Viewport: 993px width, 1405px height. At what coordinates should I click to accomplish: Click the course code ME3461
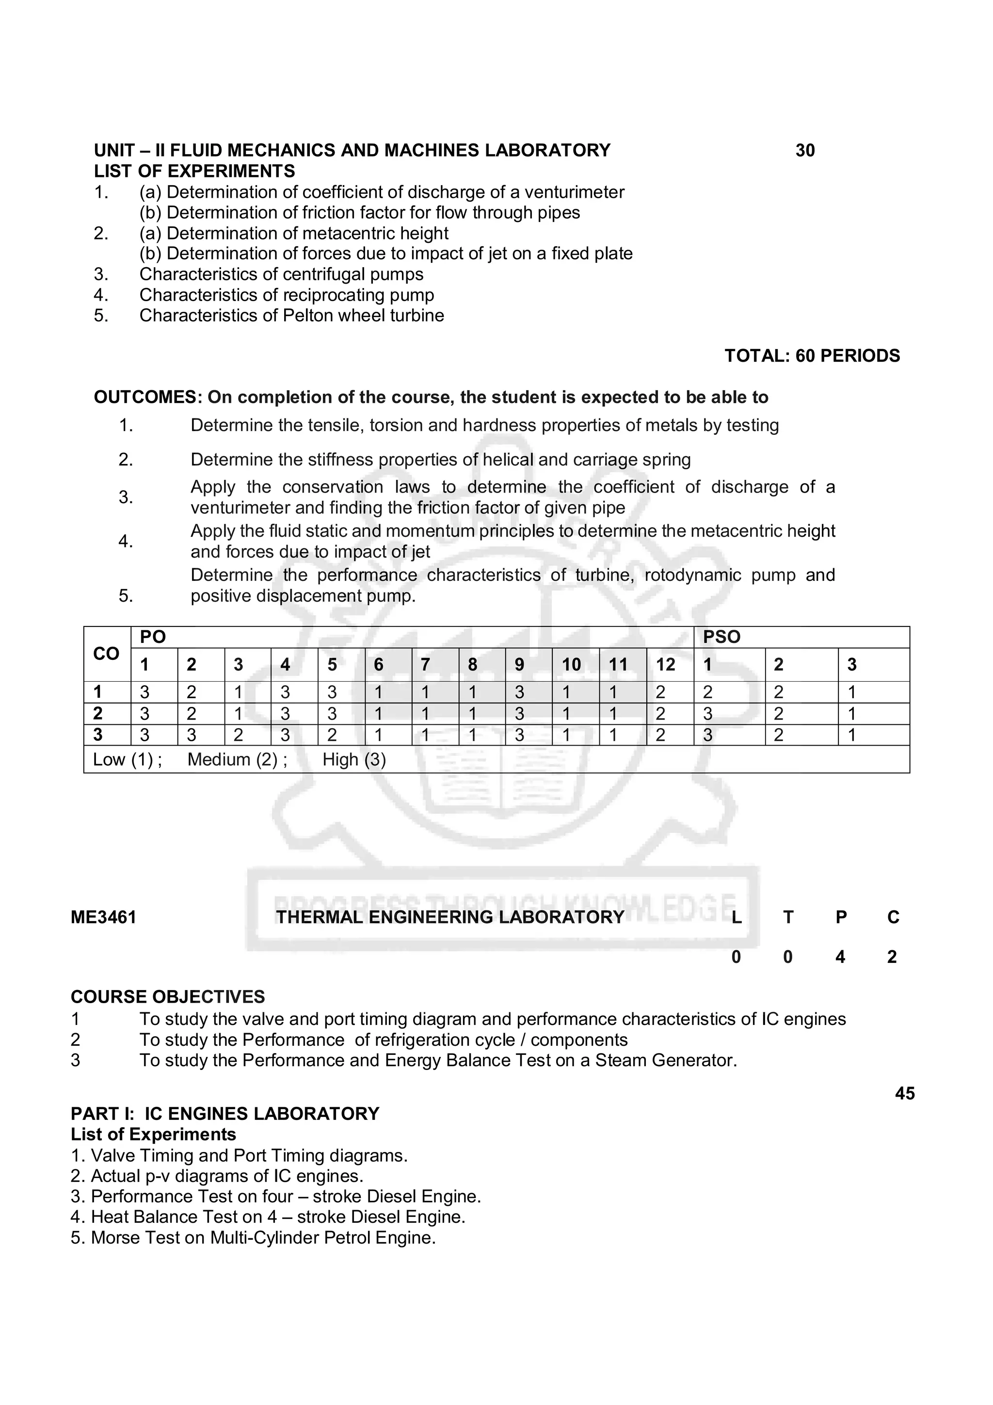click(x=103, y=917)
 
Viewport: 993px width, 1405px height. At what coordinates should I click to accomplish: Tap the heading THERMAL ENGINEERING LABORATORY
click(x=449, y=917)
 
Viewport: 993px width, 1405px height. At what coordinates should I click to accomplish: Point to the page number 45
click(x=904, y=1094)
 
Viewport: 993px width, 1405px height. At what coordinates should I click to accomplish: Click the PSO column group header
click(x=721, y=637)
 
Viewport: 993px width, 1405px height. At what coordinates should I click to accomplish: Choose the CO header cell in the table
click(x=107, y=654)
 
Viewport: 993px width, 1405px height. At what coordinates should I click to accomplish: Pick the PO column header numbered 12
click(x=665, y=665)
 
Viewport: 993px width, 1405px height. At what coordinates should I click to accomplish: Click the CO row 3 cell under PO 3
click(x=239, y=735)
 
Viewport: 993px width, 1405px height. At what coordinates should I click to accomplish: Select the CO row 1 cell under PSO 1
click(x=708, y=693)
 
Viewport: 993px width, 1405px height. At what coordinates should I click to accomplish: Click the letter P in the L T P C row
click(x=841, y=917)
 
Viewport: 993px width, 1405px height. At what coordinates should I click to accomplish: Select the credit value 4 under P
click(x=840, y=957)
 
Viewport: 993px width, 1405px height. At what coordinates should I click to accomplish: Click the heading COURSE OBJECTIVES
click(x=168, y=997)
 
